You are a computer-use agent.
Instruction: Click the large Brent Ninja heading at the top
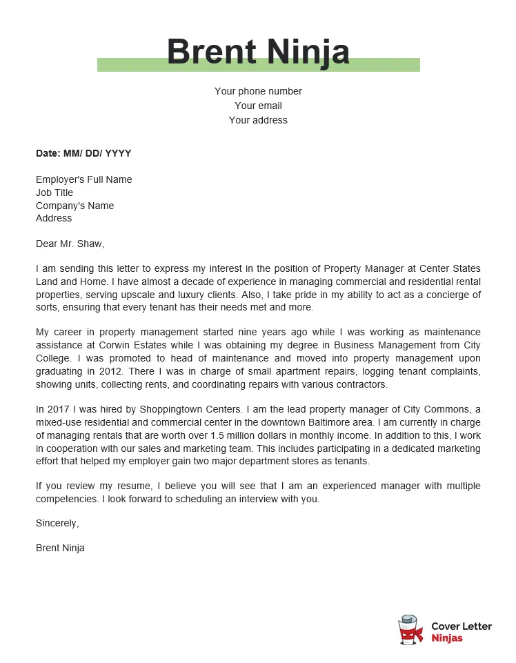(x=258, y=52)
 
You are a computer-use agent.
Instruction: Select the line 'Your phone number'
(x=258, y=91)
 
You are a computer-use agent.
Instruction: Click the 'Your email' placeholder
(x=258, y=106)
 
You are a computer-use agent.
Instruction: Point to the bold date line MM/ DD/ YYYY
(x=83, y=153)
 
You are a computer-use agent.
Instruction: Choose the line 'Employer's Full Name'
(x=83, y=179)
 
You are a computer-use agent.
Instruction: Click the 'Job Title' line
(x=54, y=192)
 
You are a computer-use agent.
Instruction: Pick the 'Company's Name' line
(x=75, y=206)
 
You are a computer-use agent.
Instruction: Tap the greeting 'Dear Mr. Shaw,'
(x=70, y=244)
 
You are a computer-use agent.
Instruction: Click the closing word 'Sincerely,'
(x=57, y=523)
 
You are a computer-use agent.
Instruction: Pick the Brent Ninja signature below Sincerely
(x=60, y=548)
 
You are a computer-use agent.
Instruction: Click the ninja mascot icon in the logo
(x=410, y=631)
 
